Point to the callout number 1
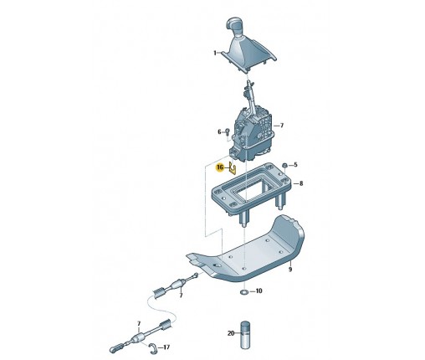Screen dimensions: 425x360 [x=215, y=53]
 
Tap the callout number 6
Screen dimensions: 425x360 [x=219, y=131]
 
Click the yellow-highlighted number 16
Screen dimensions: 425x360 [x=220, y=167]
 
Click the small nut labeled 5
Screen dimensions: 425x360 [x=284, y=166]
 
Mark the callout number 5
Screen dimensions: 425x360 [x=295, y=165]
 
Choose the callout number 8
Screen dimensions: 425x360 [x=301, y=183]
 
